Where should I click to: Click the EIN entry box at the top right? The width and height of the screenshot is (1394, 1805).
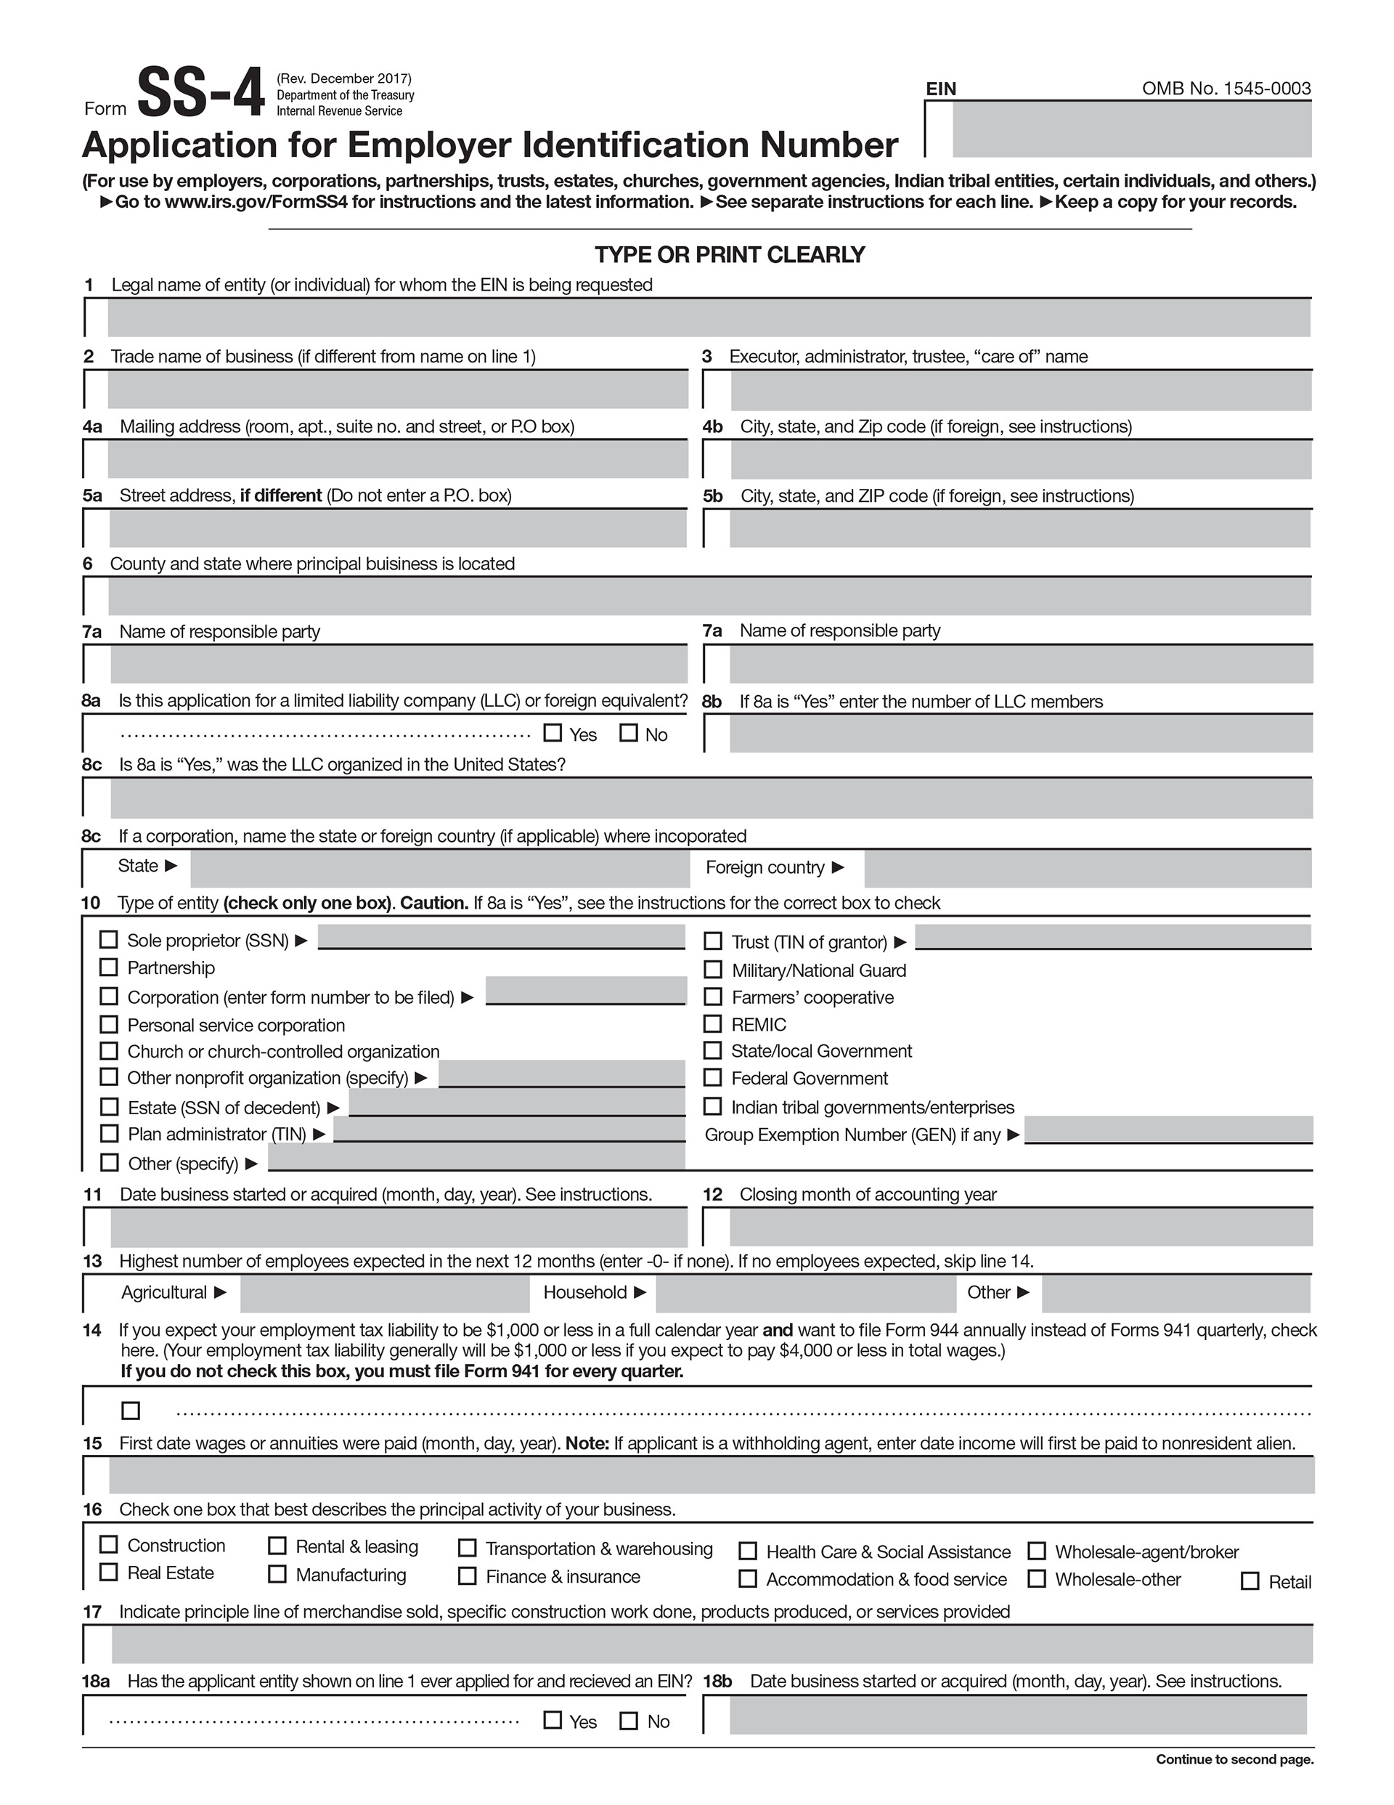pyautogui.click(x=1130, y=130)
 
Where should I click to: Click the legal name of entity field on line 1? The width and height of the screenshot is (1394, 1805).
pyautogui.click(x=708, y=318)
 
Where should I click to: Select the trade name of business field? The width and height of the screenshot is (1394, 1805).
pyautogui.click(x=397, y=389)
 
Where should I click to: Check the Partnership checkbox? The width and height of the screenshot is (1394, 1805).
pyautogui.click(x=109, y=967)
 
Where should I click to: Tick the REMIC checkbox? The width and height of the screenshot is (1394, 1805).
pyautogui.click(x=712, y=1024)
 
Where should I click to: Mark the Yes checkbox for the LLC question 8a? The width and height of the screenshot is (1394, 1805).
pyautogui.click(x=553, y=733)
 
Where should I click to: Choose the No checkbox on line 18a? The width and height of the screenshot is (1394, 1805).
pyautogui.click(x=629, y=1721)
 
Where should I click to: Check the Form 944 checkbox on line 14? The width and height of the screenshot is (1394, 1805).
pyautogui.click(x=131, y=1410)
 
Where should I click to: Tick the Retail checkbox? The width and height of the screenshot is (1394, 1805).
pyautogui.click(x=1250, y=1581)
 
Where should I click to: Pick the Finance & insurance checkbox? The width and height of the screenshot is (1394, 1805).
pyautogui.click(x=468, y=1576)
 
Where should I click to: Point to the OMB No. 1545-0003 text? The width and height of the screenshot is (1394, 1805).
pyautogui.click(x=1226, y=89)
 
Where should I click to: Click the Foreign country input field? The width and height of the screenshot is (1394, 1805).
pyautogui.click(x=1088, y=869)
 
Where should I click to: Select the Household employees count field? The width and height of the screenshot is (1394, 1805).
pyautogui.click(x=806, y=1294)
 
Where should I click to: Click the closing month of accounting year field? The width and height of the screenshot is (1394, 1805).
pyautogui.click(x=1021, y=1228)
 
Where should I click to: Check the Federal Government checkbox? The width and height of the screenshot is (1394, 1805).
pyautogui.click(x=712, y=1078)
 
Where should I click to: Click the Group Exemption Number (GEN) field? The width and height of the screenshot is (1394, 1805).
pyautogui.click(x=1168, y=1129)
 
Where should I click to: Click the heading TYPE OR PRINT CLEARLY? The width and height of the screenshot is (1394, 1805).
pyautogui.click(x=730, y=254)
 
